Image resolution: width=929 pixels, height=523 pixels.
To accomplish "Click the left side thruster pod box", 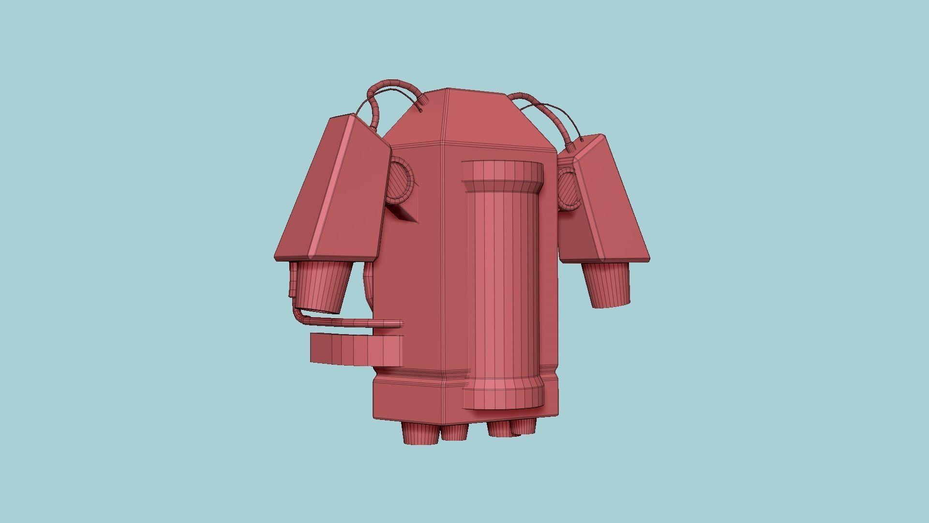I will pos(334,194).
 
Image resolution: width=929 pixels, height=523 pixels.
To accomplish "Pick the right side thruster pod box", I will pos(605,203).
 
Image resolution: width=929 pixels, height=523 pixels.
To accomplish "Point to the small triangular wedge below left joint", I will pos(405,213).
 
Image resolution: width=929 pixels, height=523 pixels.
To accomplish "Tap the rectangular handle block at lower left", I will pos(356,350).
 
